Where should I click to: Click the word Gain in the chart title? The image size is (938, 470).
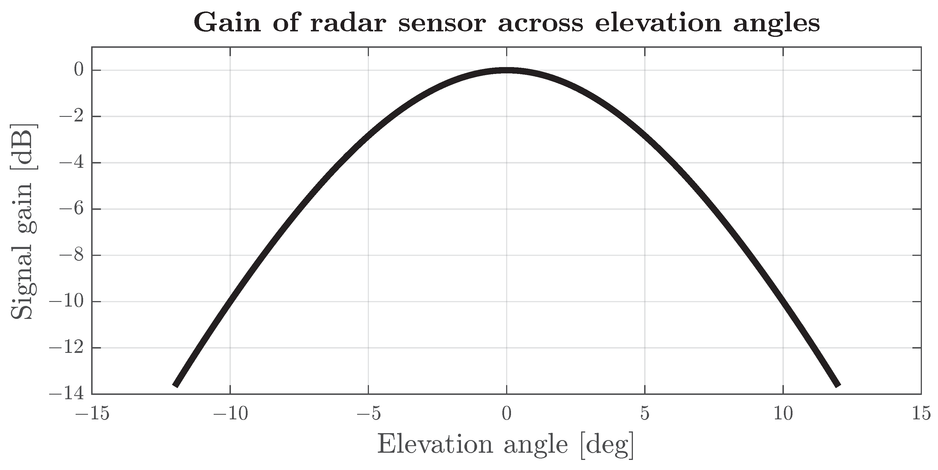[x=227, y=22]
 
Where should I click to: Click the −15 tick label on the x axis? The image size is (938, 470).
[x=92, y=414]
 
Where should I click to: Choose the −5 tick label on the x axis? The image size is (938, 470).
[x=369, y=414]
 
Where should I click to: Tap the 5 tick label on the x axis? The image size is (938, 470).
[x=645, y=414]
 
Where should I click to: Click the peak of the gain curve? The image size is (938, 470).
[x=506, y=70]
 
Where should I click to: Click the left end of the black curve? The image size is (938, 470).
[x=175, y=385]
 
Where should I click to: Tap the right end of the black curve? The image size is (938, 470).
[x=838, y=385]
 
